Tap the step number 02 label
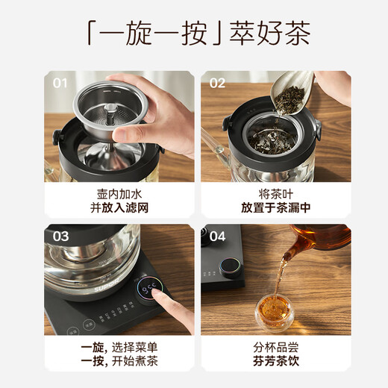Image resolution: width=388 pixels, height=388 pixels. (x=216, y=83)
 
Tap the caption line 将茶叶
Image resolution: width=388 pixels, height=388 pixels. (x=273, y=193)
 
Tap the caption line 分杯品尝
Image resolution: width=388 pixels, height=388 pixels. (x=273, y=348)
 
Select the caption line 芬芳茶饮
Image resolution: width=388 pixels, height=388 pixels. (x=273, y=363)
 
